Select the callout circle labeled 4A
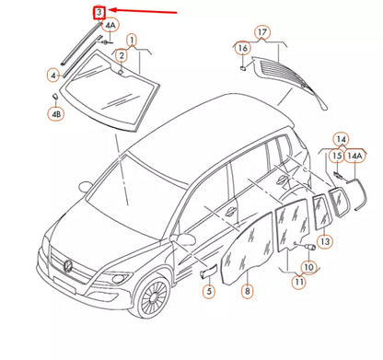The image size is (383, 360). (x=110, y=27)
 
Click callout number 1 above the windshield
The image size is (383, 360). (x=131, y=41)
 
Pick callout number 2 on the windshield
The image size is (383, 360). (x=120, y=56)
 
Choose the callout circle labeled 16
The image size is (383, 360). (x=242, y=48)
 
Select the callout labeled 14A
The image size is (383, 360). (x=354, y=157)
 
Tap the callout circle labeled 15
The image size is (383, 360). (x=337, y=157)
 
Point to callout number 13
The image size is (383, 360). (x=324, y=242)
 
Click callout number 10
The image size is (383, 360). (x=308, y=267)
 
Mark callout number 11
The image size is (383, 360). (x=298, y=283)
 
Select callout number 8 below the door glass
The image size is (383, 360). (x=247, y=291)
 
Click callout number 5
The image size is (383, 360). (x=208, y=291)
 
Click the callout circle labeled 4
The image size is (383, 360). (x=53, y=74)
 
